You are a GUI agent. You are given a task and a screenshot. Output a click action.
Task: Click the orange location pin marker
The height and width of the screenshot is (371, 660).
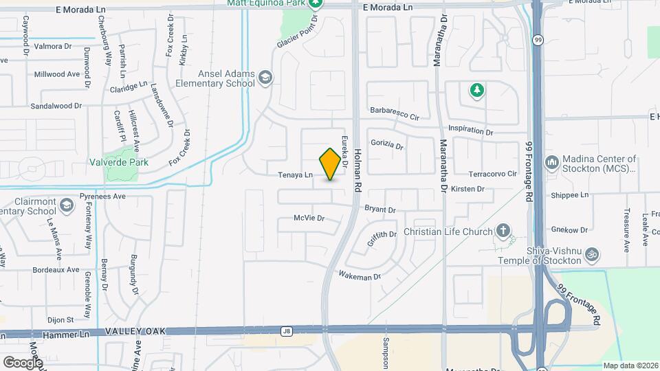tap(331, 164)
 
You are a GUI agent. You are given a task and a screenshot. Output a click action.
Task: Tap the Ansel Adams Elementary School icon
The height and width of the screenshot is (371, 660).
tap(265, 79)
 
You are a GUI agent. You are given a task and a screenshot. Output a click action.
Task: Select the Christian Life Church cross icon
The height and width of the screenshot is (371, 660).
tap(503, 232)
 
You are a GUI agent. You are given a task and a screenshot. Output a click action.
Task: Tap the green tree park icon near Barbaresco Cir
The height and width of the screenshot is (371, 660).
tap(476, 90)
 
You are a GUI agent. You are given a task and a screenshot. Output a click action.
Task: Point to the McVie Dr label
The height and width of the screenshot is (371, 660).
tap(308, 218)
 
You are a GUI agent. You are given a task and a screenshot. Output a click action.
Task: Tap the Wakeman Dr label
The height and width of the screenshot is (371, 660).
tap(359, 276)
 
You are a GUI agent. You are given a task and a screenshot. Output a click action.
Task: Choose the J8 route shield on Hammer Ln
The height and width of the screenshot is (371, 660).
tap(287, 331)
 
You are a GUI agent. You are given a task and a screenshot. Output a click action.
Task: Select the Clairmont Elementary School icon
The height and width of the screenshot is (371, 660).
tap(67, 205)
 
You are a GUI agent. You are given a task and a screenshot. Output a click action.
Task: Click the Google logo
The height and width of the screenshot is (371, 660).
tap(23, 362)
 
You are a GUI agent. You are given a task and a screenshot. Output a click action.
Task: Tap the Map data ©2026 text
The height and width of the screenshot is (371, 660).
tap(630, 366)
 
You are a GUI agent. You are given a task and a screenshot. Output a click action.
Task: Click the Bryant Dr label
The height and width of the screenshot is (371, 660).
tap(379, 210)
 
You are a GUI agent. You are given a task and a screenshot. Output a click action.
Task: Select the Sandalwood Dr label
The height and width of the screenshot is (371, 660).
tap(56, 106)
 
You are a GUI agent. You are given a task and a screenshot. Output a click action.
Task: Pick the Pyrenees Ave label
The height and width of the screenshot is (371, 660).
tap(102, 196)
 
